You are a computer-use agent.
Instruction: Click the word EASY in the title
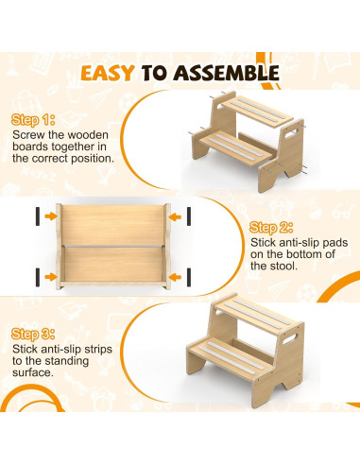(108, 73)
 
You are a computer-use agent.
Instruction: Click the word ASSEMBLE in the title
(226, 73)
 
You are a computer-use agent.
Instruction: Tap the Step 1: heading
(33, 120)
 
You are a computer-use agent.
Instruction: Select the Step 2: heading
(271, 227)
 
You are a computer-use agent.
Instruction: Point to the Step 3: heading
(33, 334)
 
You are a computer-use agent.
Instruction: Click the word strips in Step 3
(97, 350)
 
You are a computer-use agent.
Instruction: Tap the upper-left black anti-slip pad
(38, 216)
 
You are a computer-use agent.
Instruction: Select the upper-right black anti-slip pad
(189, 216)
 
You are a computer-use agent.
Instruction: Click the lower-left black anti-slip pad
(38, 278)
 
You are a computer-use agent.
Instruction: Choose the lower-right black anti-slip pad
(189, 278)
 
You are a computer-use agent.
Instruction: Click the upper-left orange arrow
(51, 216)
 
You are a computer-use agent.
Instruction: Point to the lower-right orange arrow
(175, 277)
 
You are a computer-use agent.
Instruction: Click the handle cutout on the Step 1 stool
(292, 133)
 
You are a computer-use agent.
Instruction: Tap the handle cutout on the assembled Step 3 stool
(290, 338)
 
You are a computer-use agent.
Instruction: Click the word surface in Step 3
(32, 373)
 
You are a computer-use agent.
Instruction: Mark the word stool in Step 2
(284, 266)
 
